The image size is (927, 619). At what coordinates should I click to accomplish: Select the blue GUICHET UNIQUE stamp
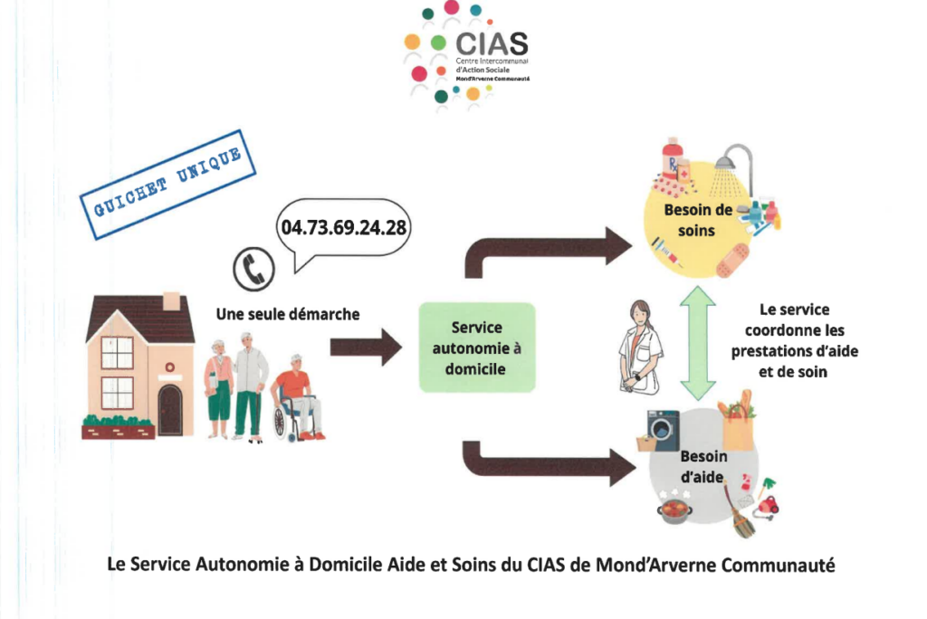coord(167,185)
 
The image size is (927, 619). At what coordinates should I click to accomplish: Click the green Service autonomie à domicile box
coord(477,348)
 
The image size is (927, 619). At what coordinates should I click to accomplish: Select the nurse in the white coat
coord(641,344)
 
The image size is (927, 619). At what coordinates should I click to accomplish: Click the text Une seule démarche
coord(288,315)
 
